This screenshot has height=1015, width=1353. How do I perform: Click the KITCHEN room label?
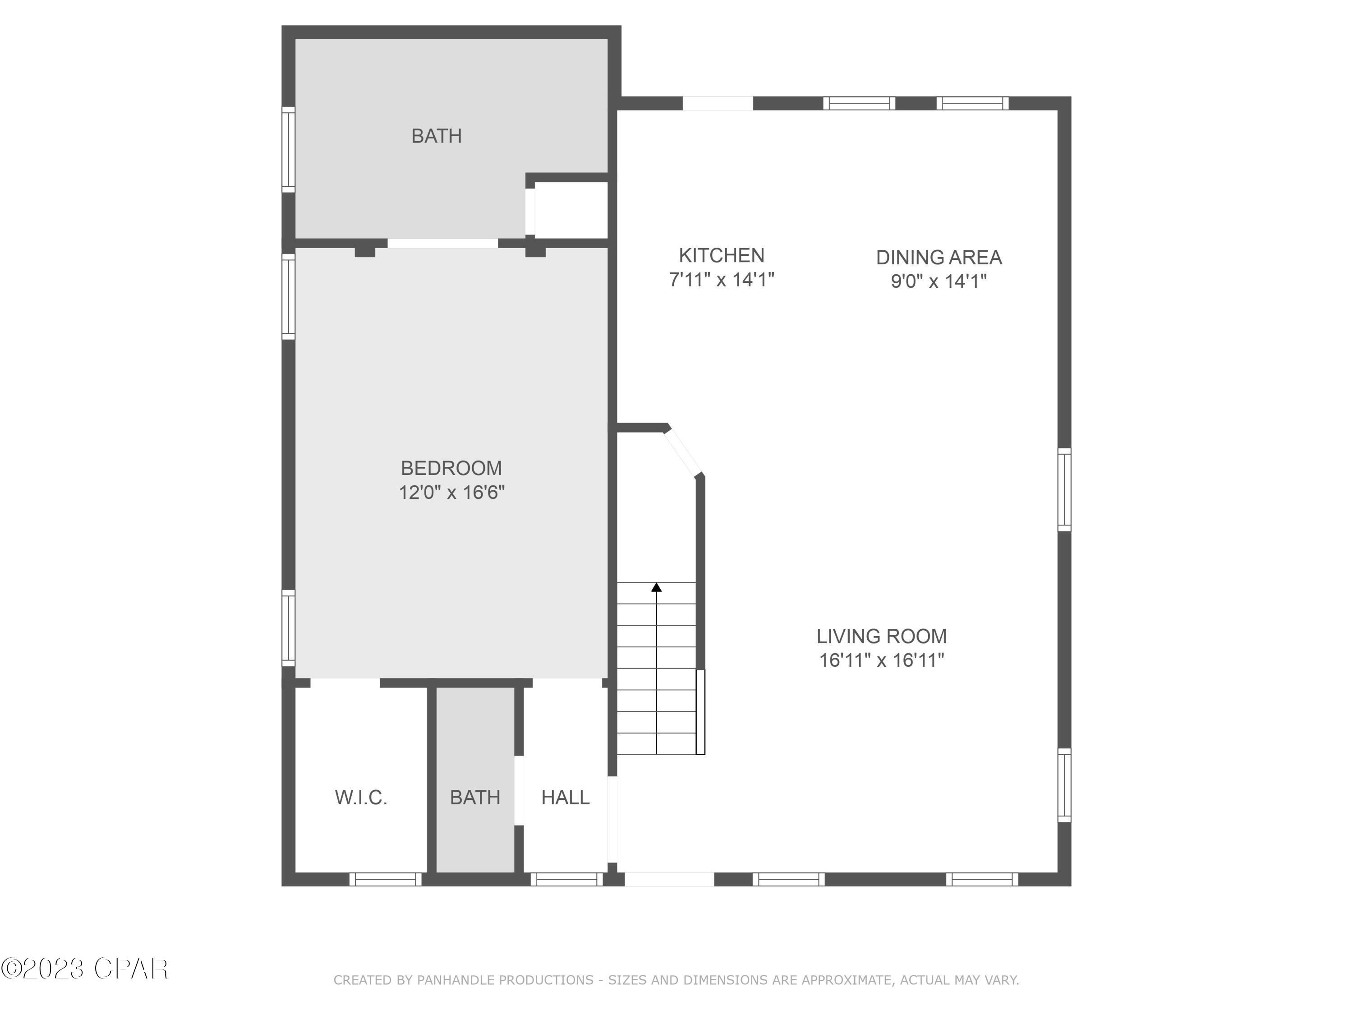pos(721,255)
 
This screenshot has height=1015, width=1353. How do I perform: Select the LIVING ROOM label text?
pos(881,636)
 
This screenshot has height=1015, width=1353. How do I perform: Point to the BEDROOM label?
pos(451,468)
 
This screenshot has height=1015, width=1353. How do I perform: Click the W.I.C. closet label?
pos(361,797)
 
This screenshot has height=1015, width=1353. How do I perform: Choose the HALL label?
pos(565,797)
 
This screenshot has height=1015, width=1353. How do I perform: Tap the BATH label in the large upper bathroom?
pos(436,136)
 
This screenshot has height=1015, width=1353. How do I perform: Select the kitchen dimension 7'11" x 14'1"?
pos(721,280)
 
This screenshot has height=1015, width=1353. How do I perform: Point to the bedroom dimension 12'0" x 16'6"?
pos(451,493)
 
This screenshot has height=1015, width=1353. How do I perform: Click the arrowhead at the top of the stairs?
pos(656,587)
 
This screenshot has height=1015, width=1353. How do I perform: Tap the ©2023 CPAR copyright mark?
pos(84,969)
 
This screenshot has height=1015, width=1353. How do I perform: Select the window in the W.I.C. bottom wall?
pos(385,879)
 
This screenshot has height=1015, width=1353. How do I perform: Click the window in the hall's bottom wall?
pos(566,879)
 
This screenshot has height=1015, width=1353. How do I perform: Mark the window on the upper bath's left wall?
pos(288,149)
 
